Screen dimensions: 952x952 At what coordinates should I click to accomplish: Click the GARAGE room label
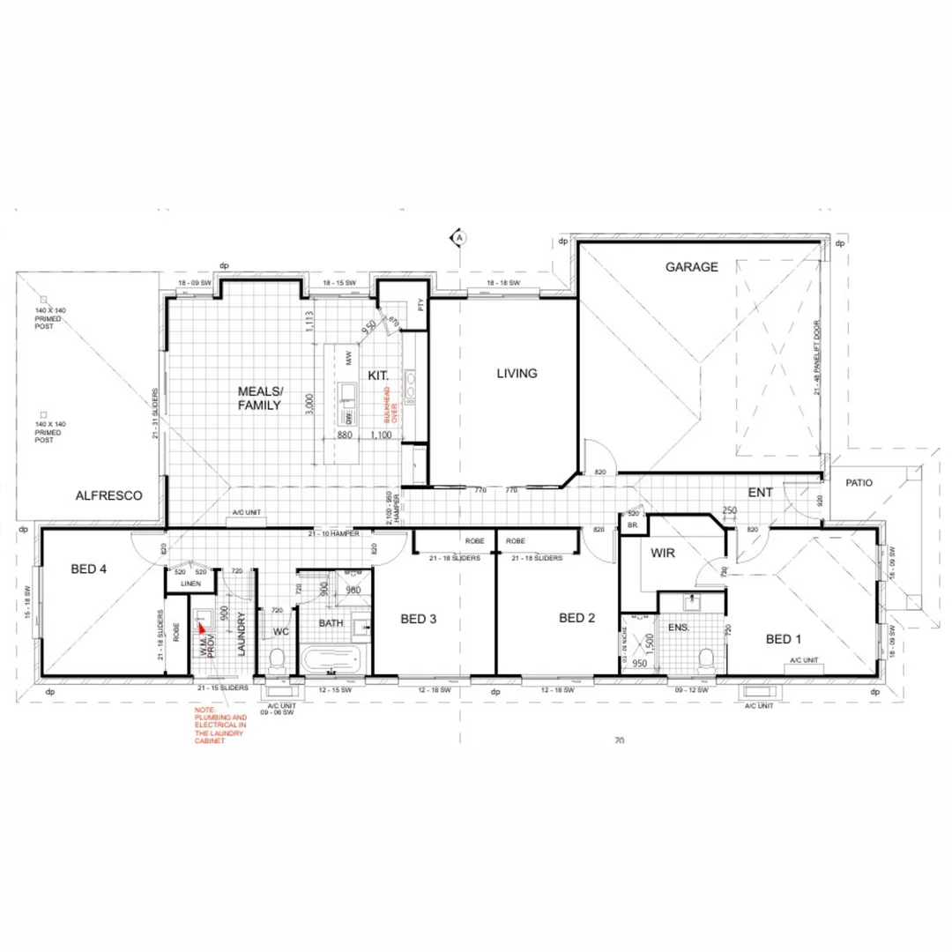click(692, 266)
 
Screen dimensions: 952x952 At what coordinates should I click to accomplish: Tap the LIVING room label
click(517, 374)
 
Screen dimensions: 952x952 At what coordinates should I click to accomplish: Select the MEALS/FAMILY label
click(259, 398)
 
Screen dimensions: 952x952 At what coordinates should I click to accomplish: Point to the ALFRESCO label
click(109, 496)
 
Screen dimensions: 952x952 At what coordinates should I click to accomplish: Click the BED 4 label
click(89, 569)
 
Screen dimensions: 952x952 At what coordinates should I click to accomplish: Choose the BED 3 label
click(419, 619)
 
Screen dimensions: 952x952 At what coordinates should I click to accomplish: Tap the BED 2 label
click(577, 618)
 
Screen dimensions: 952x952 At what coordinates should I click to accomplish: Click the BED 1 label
click(784, 639)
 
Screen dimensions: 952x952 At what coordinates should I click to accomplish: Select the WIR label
click(663, 554)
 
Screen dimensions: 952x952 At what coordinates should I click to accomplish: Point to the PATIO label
click(859, 483)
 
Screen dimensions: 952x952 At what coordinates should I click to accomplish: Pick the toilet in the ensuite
click(705, 658)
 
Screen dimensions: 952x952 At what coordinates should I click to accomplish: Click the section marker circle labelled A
click(459, 236)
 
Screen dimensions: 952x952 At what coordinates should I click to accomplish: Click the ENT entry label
click(761, 491)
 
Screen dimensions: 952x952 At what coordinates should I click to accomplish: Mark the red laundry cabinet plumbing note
click(220, 725)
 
